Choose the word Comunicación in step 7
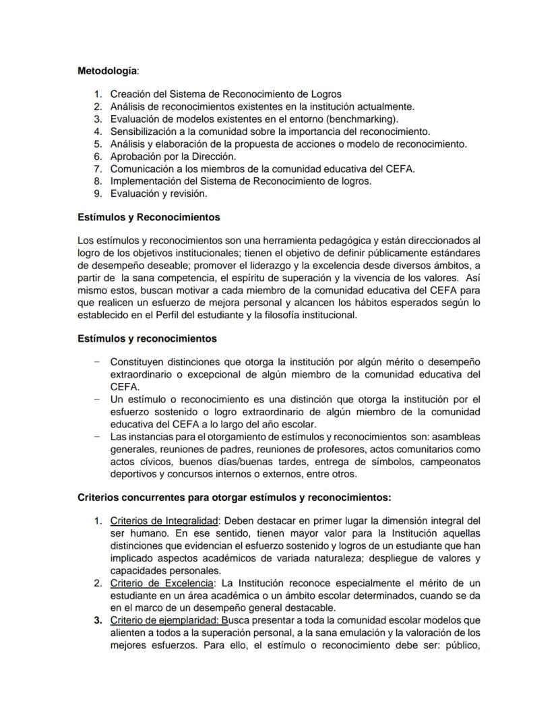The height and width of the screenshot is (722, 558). [142, 169]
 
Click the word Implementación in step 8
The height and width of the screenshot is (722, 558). [144, 181]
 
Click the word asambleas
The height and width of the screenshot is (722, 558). [456, 436]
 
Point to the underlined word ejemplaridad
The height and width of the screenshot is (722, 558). [190, 620]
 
